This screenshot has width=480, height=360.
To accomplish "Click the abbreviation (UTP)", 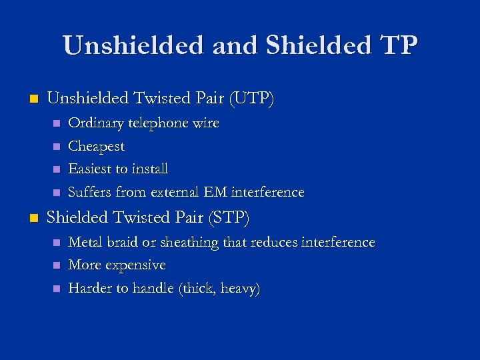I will (x=251, y=99).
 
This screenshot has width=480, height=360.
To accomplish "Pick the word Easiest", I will (x=90, y=169).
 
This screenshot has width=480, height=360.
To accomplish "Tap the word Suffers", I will (x=90, y=193).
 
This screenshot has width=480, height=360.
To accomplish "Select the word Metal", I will (x=85, y=242).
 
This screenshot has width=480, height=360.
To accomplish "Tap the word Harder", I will (x=89, y=288).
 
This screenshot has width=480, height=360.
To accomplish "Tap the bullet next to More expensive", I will (x=56, y=265).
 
